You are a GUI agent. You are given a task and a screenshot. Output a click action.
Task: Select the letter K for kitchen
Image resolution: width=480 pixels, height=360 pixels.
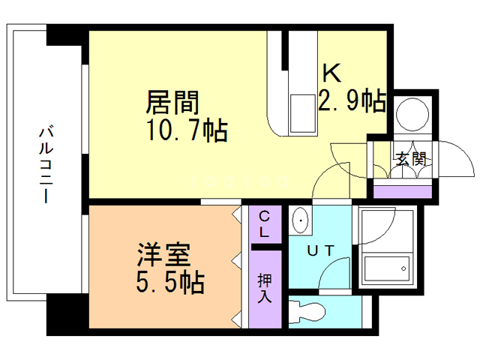click(332, 73)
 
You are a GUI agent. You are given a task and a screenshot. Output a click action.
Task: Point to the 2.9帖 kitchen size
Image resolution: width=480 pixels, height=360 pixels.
click(352, 100)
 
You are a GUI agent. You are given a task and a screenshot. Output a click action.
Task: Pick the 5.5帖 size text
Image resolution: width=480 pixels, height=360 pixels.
click(171, 283)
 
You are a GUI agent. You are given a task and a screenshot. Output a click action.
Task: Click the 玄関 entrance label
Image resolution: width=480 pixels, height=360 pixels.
click(410, 159)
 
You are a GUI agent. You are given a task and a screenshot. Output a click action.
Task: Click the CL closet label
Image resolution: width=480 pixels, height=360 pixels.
click(265, 224)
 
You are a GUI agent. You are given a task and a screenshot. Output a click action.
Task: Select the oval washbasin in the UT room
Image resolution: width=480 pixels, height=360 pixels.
click(301, 221)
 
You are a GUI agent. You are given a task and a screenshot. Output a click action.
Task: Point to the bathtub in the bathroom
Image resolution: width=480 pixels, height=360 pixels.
click(385, 266)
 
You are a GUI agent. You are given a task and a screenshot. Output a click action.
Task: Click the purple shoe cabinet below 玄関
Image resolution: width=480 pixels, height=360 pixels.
click(403, 190)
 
